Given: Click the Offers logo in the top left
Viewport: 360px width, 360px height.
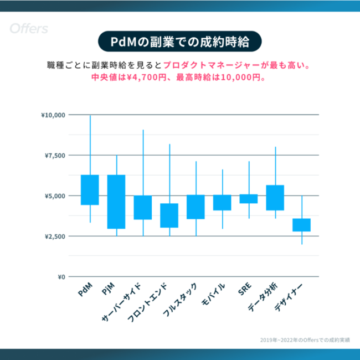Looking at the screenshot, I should (x=28, y=29).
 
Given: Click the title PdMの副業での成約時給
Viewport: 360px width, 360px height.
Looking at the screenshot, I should (x=179, y=42).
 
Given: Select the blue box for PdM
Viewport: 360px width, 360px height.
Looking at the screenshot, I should (x=90, y=190).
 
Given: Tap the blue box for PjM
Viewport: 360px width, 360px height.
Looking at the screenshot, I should (x=116, y=202).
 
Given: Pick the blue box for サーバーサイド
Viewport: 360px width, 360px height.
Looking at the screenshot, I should (x=143, y=208).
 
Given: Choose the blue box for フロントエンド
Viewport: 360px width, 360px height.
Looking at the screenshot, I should (x=169, y=215).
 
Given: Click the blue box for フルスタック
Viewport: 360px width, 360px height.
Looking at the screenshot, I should (x=196, y=207).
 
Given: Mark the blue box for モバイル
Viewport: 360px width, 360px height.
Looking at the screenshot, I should (x=222, y=203).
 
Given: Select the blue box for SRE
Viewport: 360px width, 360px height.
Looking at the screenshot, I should (x=249, y=199).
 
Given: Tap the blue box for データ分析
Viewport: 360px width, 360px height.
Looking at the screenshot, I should (x=275, y=198).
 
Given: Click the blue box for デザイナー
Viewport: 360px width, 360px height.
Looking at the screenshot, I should (x=302, y=225).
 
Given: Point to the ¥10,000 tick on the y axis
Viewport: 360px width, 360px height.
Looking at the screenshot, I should (x=53, y=115).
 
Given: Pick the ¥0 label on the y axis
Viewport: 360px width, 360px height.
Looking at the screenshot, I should (x=60, y=277).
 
